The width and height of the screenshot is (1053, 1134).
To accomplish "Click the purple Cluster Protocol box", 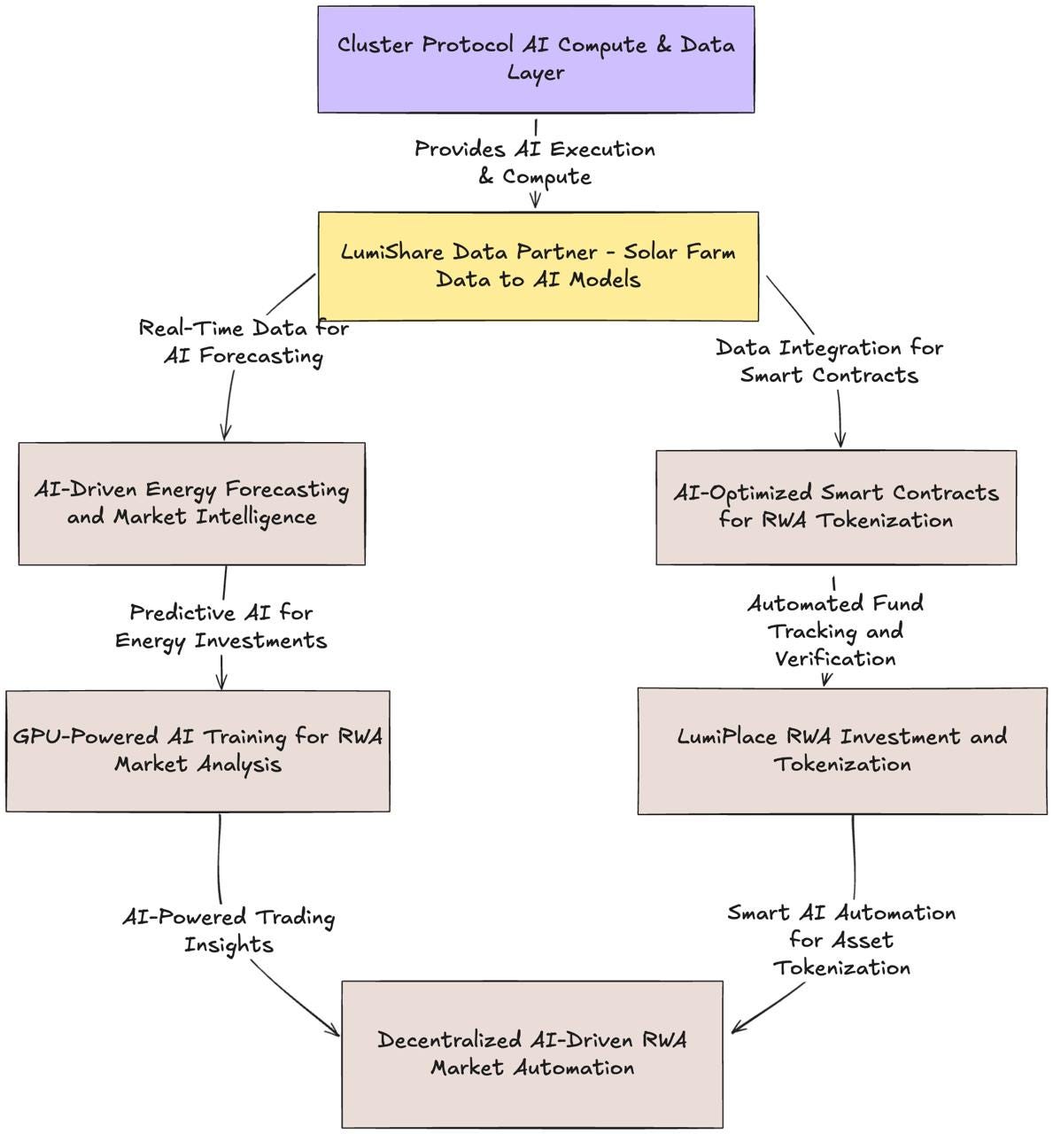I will (536, 59).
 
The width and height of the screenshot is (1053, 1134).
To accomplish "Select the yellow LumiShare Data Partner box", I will (538, 266).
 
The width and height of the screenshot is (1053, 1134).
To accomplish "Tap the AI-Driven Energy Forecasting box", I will (191, 503).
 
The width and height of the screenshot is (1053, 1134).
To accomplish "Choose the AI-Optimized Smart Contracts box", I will (835, 507).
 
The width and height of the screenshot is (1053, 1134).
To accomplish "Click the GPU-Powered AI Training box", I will (197, 750).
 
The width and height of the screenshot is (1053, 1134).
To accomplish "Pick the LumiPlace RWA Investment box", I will (841, 750).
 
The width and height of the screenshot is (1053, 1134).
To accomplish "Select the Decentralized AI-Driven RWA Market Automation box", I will (531, 1053).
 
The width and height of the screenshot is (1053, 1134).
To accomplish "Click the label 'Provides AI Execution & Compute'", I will (535, 162).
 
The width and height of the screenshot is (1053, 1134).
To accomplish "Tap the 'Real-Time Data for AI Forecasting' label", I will (244, 342).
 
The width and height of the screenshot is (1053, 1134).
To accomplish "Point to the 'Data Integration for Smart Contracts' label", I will (829, 361).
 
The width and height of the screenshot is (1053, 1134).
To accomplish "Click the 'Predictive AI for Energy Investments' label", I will (221, 626).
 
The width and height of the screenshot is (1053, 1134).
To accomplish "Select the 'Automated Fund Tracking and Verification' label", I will (835, 631).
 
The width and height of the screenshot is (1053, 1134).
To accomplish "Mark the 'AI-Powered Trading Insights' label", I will (228, 930).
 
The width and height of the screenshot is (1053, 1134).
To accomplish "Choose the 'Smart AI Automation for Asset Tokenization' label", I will (841, 939).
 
